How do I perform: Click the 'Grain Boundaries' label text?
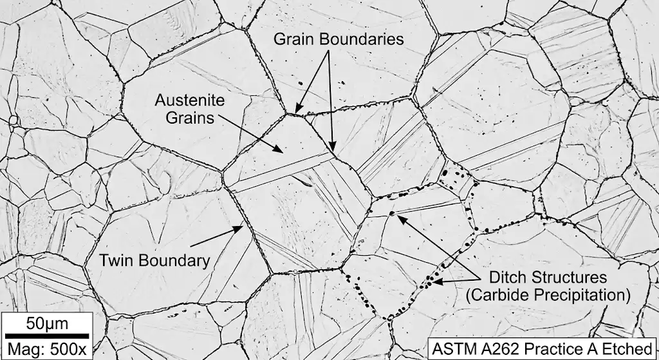click(339, 39)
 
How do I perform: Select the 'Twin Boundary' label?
click(154, 261)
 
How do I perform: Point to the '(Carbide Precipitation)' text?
click(548, 296)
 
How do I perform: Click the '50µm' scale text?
click(47, 322)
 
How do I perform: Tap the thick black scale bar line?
click(47, 335)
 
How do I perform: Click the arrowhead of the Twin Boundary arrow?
click(244, 225)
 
